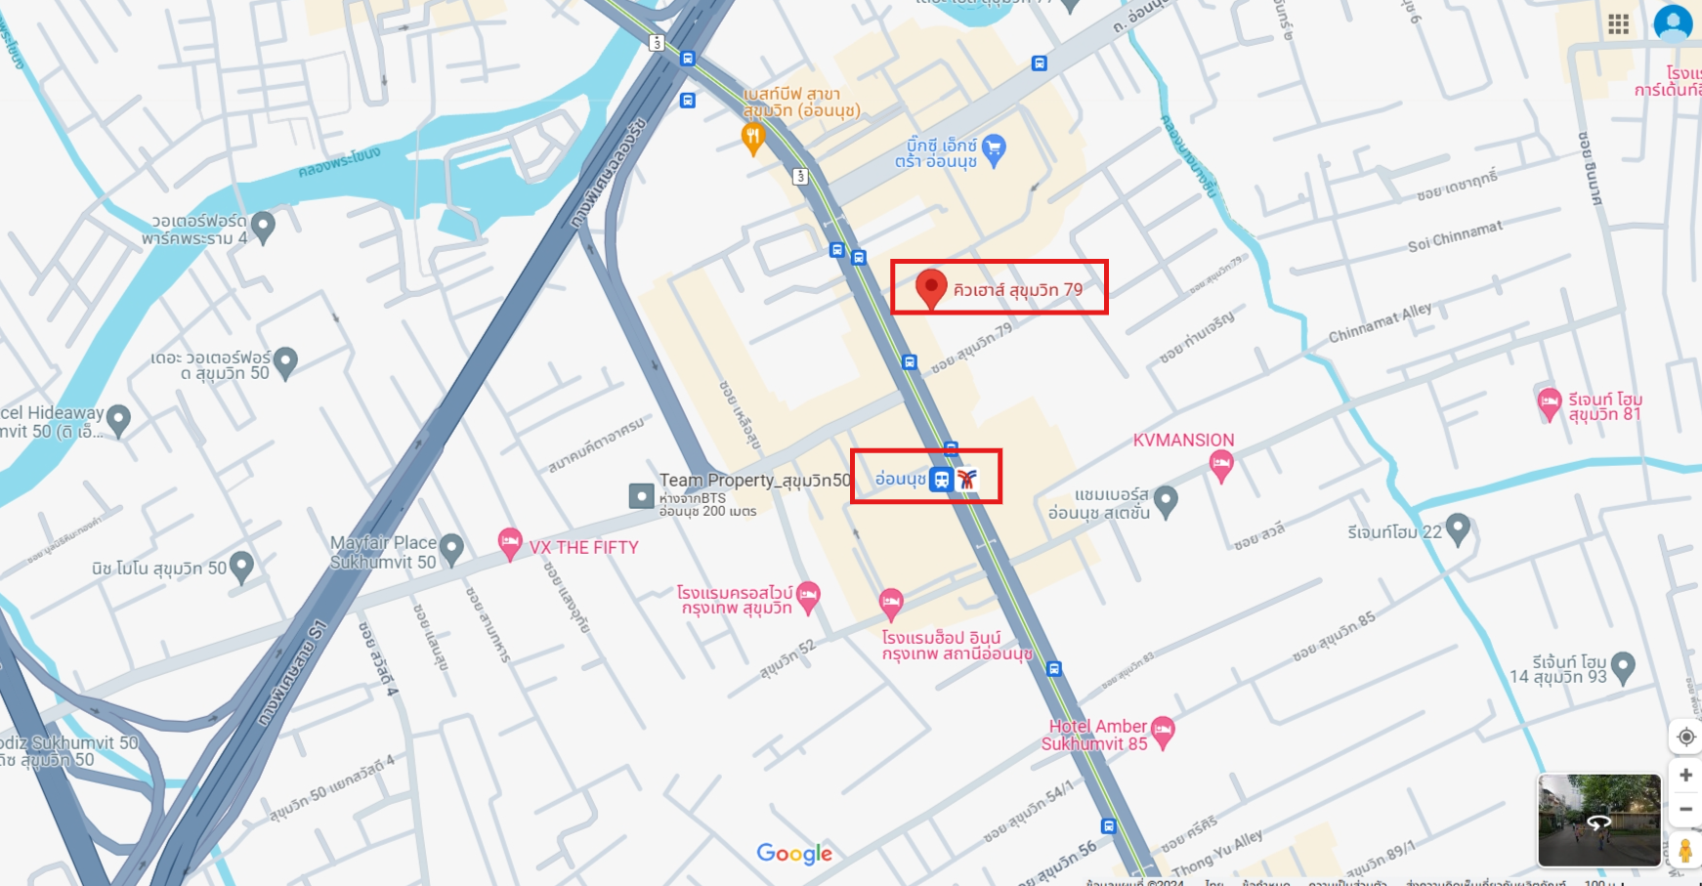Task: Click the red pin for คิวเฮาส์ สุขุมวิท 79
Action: pos(931,288)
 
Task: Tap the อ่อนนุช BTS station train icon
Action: pos(942,479)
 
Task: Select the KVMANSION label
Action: pos(1183,441)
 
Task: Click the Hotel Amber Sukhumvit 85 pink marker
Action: pos(1163,731)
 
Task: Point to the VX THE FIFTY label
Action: pos(583,548)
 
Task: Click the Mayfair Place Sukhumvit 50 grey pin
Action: pos(450,549)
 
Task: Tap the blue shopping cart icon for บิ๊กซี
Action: pos(994,149)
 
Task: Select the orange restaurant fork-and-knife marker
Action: pos(752,139)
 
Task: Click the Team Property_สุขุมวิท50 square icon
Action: pos(641,496)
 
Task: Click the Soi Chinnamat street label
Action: pos(1455,236)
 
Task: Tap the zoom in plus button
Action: pos(1685,775)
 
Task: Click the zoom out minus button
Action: pos(1685,809)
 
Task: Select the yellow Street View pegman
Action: pos(1684,850)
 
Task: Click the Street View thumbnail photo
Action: pos(1598,821)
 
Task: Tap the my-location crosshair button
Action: pos(1685,737)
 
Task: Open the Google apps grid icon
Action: pos(1618,24)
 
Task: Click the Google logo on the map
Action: pos(794,854)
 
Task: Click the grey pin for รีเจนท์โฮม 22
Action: pos(1457,528)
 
